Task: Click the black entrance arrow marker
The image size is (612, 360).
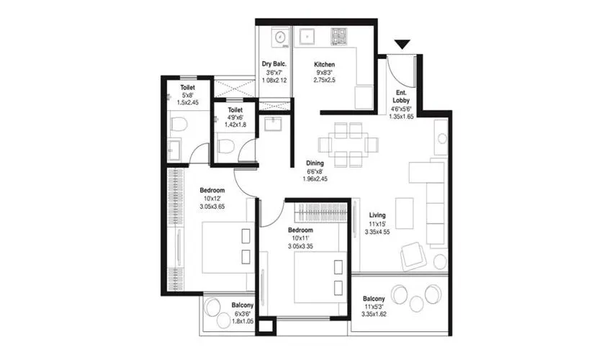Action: [402, 45]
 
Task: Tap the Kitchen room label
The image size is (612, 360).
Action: [324, 65]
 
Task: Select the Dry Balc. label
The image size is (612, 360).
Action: [274, 65]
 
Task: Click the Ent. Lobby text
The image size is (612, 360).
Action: [402, 96]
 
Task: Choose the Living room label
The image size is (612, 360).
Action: [378, 215]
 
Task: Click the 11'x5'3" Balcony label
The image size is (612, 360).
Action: [373, 299]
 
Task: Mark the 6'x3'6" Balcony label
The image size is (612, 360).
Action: [241, 305]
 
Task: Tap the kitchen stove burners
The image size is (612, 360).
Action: [338, 36]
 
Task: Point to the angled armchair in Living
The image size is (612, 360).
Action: [414, 253]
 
